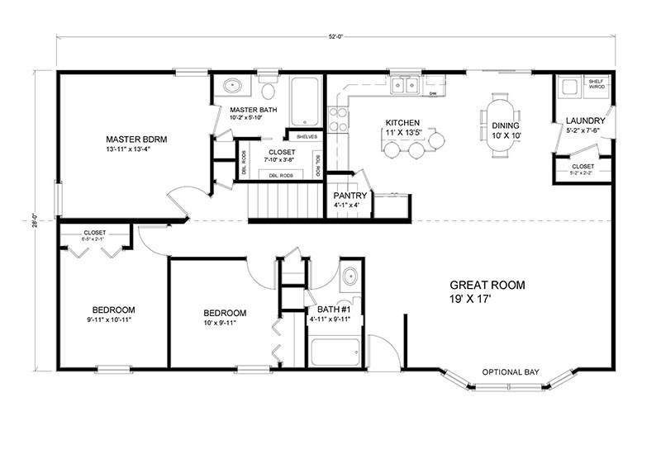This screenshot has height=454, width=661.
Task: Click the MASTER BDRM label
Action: [x=137, y=140]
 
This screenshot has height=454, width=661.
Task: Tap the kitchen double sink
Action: [x=405, y=84]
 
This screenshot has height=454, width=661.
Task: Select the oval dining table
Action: [x=502, y=123]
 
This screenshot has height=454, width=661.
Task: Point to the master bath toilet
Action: [x=269, y=89]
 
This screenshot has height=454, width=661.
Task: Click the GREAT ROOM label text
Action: [x=487, y=285]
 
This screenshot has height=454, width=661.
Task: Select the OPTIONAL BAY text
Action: [x=511, y=372]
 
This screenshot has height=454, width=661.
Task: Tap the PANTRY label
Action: [x=350, y=195]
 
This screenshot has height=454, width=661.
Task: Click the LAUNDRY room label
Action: [x=586, y=121]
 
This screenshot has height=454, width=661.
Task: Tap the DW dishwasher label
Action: [x=433, y=94]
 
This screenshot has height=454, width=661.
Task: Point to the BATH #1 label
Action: [x=329, y=310]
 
